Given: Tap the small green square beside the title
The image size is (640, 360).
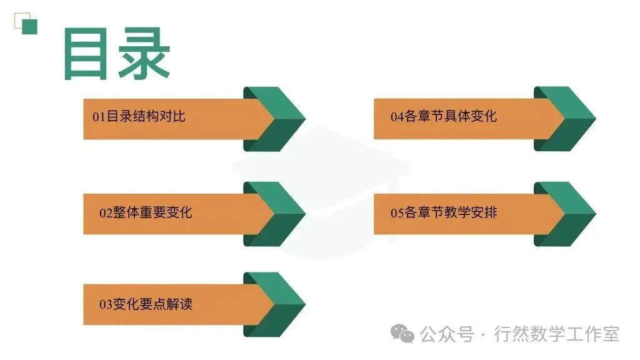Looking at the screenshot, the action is point(29,26).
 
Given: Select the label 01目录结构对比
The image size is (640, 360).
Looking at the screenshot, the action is point(139,117).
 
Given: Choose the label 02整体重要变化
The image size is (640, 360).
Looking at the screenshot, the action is point(146,212).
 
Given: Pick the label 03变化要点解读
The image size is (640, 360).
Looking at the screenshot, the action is point(146,304).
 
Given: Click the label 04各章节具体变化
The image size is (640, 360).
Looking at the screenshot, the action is point(444,117).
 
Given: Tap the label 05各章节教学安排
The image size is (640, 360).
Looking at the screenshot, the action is point(444,212).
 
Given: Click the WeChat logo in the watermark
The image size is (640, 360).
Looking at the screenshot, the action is point(402,334).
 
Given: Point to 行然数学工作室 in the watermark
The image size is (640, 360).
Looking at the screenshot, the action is point(556,334).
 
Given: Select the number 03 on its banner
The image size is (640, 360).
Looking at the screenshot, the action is point(106,305).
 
